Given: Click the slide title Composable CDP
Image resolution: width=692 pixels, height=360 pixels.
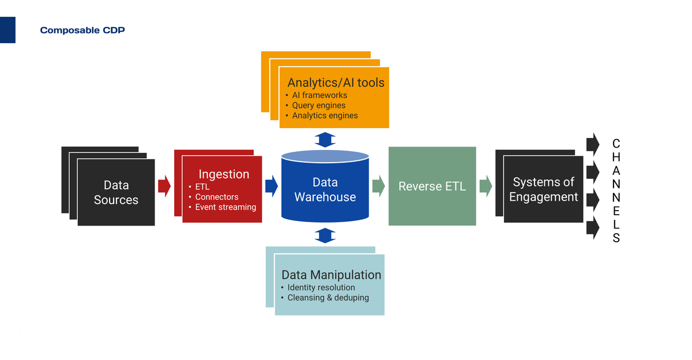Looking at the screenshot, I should (82, 30).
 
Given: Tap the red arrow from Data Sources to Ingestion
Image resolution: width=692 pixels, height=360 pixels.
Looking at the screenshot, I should (164, 185).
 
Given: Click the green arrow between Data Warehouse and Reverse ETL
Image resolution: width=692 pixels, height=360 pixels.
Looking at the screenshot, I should (378, 185).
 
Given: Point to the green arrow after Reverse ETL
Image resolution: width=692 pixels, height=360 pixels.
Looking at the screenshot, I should (486, 185).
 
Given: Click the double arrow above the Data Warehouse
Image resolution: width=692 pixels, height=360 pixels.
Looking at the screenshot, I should (326, 140).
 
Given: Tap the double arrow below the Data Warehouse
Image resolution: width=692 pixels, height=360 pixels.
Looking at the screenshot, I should (326, 235).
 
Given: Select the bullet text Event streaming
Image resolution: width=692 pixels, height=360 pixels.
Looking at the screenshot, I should (225, 207).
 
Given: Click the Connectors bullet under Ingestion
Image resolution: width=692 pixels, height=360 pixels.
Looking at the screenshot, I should (216, 197).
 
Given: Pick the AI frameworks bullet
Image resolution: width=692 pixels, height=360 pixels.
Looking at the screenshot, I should (319, 95).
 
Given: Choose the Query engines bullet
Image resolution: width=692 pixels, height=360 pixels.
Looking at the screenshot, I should (318, 106).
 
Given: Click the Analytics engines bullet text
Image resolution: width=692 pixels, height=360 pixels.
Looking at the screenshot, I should (325, 115).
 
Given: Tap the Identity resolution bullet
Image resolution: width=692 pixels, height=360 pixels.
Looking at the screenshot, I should (321, 287).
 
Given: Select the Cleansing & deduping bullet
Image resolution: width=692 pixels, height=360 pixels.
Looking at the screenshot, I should (328, 298).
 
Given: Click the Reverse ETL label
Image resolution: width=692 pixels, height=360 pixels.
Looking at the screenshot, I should (432, 186).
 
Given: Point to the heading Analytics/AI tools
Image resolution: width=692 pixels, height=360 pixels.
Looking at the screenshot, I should (336, 82).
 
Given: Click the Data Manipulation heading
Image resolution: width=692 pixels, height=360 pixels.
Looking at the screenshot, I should (331, 275).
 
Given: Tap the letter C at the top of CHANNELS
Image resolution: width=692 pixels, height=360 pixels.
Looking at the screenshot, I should (616, 143).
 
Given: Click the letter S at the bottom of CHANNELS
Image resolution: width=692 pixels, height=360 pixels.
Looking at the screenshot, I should (616, 238).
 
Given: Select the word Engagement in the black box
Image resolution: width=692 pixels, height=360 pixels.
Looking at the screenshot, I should (543, 197).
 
